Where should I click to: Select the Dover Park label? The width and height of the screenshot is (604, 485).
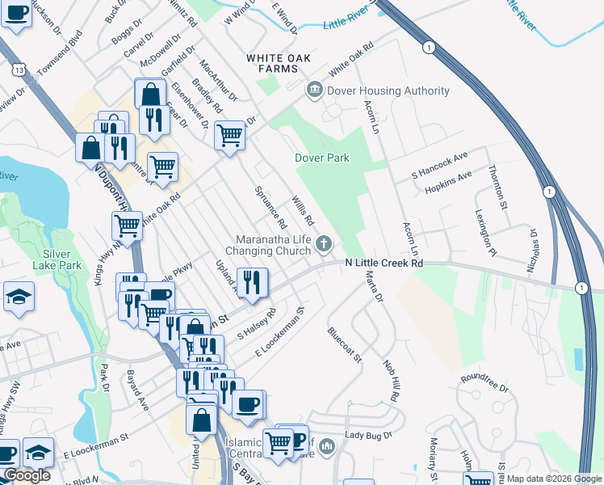tap(322, 158)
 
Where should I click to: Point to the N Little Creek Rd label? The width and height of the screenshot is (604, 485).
tap(384, 264)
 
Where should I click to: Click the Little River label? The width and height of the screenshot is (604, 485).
tap(350, 21)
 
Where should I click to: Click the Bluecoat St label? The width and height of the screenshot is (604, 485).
tap(344, 345)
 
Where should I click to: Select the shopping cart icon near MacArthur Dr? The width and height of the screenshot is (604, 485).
tap(230, 134)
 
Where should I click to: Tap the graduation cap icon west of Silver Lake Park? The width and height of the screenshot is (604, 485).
tap(18, 297)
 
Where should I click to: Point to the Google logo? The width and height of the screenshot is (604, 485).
tap(27, 476)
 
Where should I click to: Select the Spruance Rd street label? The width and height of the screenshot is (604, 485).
tap(271, 207)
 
